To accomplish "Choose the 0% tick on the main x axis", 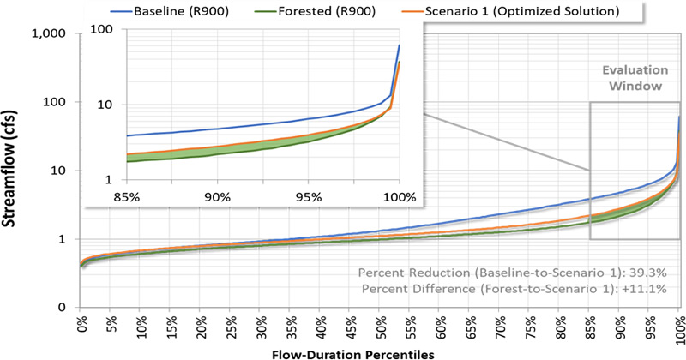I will (82, 327).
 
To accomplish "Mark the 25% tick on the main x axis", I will (231, 327).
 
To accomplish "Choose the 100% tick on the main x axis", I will (677, 327).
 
